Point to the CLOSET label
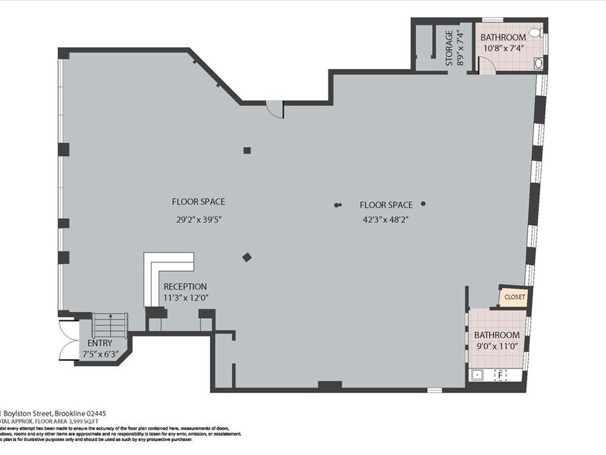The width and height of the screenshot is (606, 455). point(514,296)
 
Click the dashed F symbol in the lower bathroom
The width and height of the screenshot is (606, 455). point(500,376)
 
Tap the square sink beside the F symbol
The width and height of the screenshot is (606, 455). point(478,376)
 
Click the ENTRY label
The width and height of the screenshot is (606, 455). point(100,343)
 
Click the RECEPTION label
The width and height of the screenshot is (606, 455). point(186,286)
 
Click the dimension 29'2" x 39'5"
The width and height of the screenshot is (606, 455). point(199,219)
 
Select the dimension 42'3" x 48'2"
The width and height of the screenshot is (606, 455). point(386,219)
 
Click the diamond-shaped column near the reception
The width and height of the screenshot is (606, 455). point(247,258)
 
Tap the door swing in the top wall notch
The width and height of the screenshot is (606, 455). point(275,109)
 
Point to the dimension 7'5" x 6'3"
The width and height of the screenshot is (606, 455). point(100,354)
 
